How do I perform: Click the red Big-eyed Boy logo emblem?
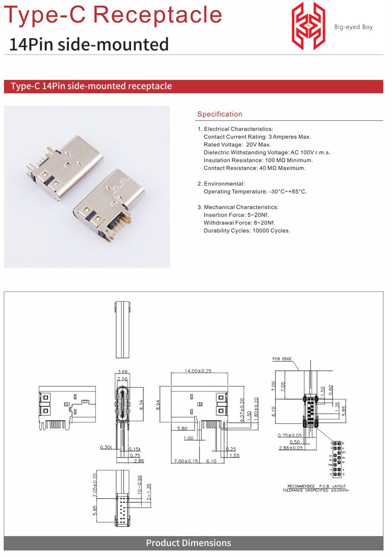[x=308, y=26]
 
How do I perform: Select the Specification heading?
[x=220, y=114]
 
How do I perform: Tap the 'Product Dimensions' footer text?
[x=188, y=543]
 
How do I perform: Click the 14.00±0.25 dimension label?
[x=198, y=371]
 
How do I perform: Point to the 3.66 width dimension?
[x=122, y=372]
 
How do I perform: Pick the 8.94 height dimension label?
[x=158, y=405]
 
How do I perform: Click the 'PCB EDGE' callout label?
[x=282, y=359]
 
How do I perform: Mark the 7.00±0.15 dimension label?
[x=186, y=461]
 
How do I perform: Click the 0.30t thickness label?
[x=106, y=447]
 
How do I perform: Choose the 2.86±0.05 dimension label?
[x=291, y=448]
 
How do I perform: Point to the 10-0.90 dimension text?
[x=140, y=485]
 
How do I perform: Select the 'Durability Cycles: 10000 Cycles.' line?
[x=247, y=231]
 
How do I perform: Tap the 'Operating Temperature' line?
[x=255, y=192]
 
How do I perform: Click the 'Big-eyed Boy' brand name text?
[x=353, y=27]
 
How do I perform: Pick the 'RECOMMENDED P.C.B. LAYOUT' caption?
[x=316, y=486]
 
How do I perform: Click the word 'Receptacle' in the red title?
[x=157, y=15]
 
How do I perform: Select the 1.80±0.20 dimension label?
[x=256, y=409]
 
